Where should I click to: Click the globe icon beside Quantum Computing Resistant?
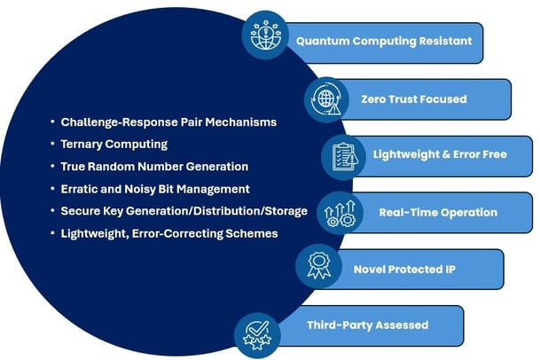point(265,35)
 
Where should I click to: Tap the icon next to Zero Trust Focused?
point(326,98)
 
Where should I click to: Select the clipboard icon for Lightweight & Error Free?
point(344,156)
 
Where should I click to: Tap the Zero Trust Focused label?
point(413,99)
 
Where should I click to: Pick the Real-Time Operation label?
point(438,213)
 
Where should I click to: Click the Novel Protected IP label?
point(401,269)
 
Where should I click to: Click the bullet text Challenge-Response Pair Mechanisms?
point(168,121)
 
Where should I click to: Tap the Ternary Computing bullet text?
point(113,144)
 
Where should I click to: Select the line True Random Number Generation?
point(154,166)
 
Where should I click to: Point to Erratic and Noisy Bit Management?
point(155,189)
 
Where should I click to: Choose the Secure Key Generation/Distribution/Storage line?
point(184,211)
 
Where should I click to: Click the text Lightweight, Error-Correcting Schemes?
point(169,233)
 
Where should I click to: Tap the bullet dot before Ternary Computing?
point(52,144)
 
